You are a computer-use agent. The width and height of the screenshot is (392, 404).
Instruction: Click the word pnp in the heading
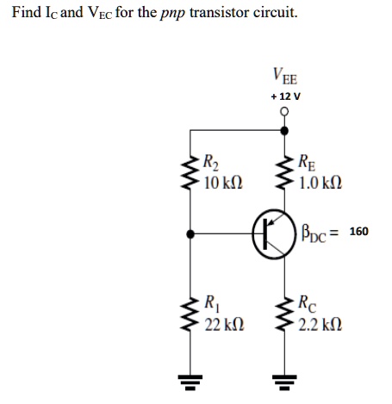[172, 14]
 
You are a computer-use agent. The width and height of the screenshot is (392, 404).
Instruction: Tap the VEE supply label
[285, 76]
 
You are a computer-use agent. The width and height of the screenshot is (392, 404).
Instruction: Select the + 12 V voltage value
[286, 96]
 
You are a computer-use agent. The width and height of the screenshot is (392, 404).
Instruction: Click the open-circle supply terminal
[284, 111]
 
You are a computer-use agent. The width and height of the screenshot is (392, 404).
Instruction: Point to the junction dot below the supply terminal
[284, 131]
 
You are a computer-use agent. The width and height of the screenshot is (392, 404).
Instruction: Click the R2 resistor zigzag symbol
[190, 172]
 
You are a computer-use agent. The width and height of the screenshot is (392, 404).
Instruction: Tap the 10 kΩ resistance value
[223, 183]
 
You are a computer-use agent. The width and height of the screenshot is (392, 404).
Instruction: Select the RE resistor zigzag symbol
[284, 172]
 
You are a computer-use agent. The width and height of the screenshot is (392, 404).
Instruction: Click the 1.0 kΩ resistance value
[320, 183]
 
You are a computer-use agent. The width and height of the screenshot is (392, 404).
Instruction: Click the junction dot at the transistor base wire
[190, 234]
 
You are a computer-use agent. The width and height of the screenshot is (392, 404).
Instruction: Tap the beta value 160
[358, 232]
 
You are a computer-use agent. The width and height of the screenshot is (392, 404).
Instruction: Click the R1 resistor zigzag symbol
[190, 314]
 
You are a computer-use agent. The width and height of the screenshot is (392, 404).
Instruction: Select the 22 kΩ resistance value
[224, 325]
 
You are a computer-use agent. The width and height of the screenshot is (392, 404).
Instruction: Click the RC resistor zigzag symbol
[284, 314]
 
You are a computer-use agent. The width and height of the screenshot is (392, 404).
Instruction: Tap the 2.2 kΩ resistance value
[320, 325]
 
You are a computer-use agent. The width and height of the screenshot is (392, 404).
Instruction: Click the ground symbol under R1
[190, 382]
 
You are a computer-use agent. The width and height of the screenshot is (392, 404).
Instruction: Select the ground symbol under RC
[284, 382]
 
